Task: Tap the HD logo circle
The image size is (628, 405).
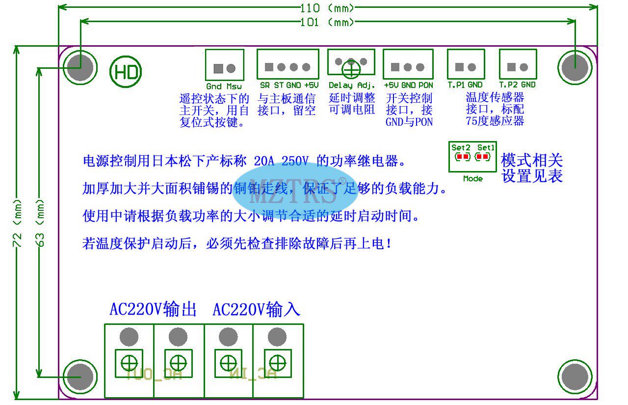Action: pyautogui.click(x=126, y=72)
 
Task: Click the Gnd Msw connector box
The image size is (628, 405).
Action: pyautogui.click(x=224, y=64)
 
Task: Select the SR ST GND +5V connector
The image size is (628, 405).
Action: pyautogui.click(x=288, y=64)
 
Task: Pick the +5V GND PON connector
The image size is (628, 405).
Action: pyautogui.click(x=408, y=64)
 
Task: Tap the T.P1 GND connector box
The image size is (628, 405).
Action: pyautogui.click(x=466, y=64)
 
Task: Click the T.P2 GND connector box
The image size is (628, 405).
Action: pyautogui.click(x=518, y=64)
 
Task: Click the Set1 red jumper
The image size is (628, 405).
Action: pyautogui.click(x=483, y=157)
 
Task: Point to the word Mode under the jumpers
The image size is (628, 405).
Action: pyautogui.click(x=472, y=178)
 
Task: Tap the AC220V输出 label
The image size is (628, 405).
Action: pyautogui.click(x=153, y=310)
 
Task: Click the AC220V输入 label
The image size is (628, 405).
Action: pyautogui.click(x=256, y=310)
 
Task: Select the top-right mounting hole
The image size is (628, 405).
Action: pyautogui.click(x=575, y=67)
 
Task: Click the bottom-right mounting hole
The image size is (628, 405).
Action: pyautogui.click(x=575, y=377)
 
